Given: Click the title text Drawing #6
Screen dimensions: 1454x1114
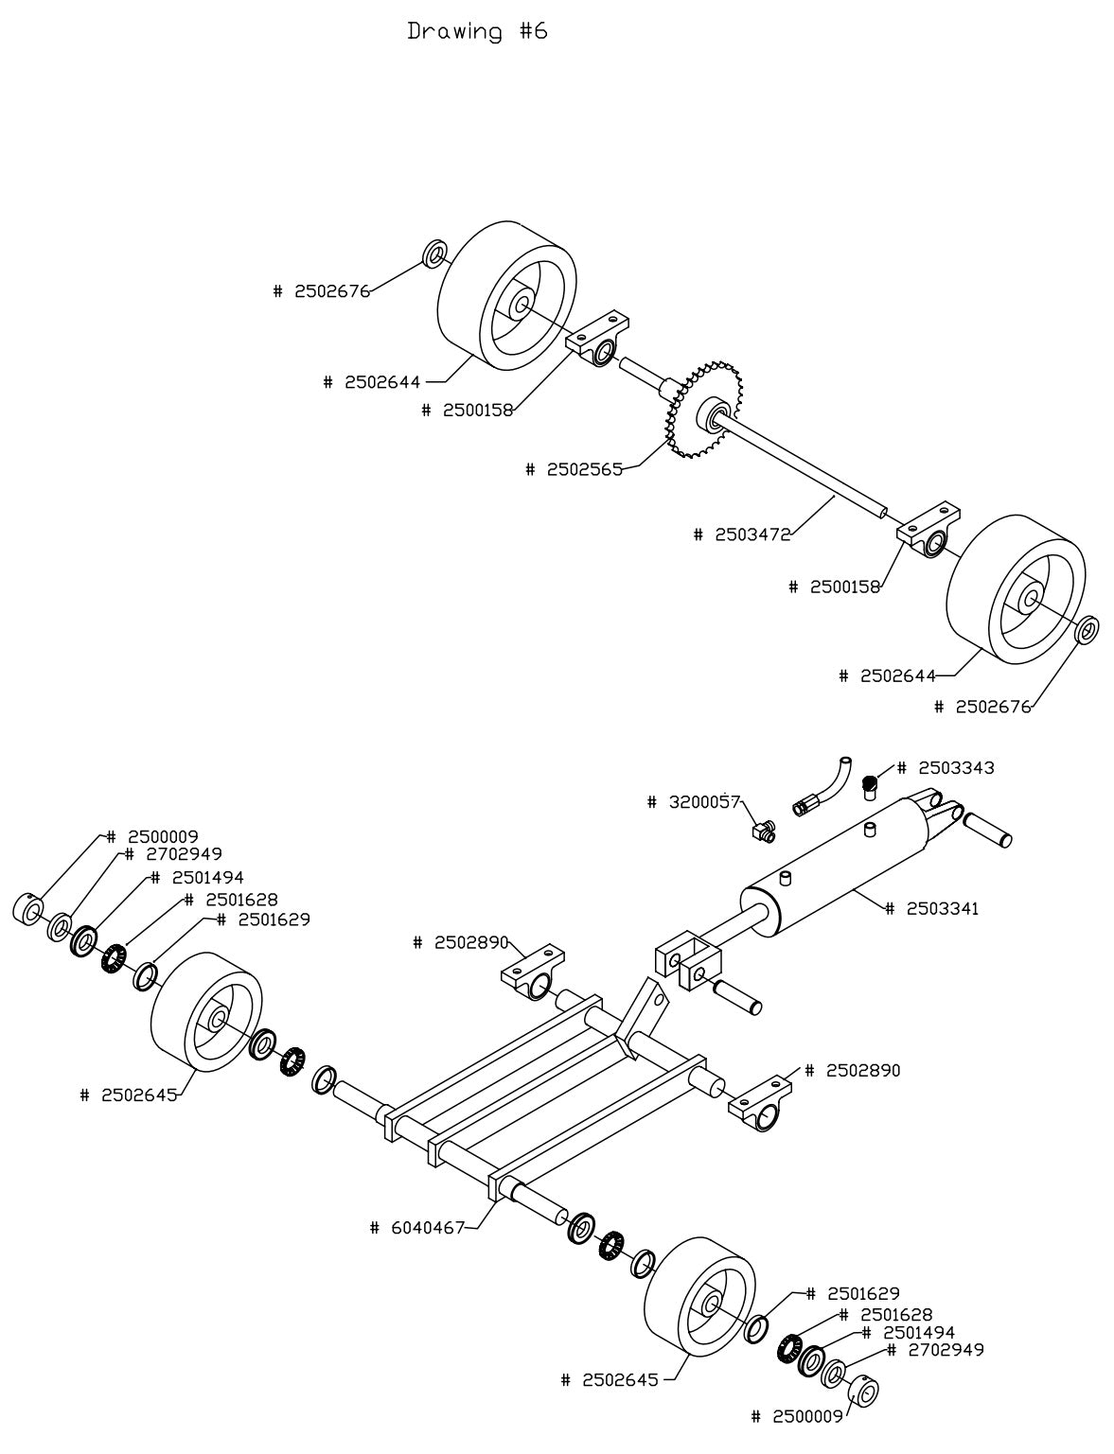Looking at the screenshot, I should click(477, 31).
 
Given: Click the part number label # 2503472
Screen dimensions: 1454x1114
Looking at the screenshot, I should click(741, 534).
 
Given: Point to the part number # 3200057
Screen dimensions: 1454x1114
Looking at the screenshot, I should click(693, 802).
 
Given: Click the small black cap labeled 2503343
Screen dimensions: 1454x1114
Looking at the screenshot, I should click(868, 783).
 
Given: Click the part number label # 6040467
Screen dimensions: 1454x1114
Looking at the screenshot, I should click(416, 1228).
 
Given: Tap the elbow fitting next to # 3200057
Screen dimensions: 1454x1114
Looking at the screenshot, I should click(761, 830).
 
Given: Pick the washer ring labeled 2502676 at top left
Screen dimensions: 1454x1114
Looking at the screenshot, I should click(434, 254).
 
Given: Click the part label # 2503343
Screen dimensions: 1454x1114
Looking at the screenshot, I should click(946, 767).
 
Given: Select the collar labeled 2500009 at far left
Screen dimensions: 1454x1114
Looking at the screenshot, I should click(27, 908).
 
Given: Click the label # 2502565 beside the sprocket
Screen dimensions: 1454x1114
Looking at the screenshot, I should click(574, 469).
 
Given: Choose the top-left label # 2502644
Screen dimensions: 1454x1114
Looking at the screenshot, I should click(371, 382).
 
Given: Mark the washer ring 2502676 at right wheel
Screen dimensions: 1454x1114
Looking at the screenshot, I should click(1087, 628).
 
